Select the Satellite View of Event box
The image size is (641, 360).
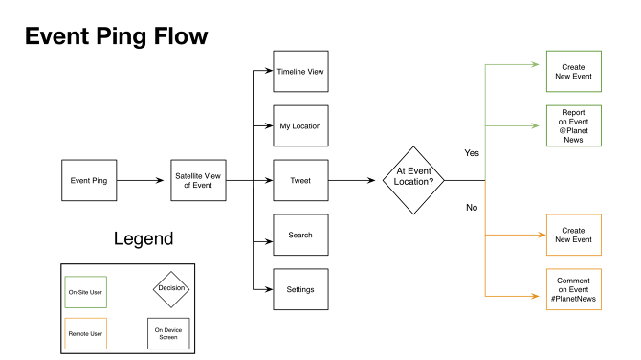(x=199, y=180)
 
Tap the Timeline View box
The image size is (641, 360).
(x=300, y=72)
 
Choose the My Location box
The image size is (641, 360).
(x=300, y=125)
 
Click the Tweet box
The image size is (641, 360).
(x=300, y=180)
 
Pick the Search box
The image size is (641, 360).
(x=300, y=235)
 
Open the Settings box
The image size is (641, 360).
(x=300, y=289)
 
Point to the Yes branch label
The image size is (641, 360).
(x=472, y=153)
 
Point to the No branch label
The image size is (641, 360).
(x=472, y=208)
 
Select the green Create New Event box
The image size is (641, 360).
(x=573, y=72)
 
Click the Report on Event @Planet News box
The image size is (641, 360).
(x=573, y=125)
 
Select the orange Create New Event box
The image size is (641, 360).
(x=573, y=235)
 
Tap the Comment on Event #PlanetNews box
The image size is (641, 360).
(x=573, y=289)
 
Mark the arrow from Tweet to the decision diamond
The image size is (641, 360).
(x=355, y=180)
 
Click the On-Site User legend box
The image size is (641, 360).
(x=85, y=291)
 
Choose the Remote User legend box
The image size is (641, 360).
(x=85, y=333)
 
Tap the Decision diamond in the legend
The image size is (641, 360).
(x=171, y=288)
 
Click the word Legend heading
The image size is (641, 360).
(x=144, y=238)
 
